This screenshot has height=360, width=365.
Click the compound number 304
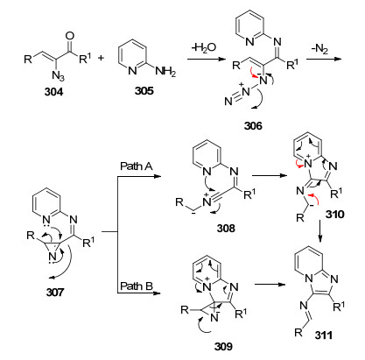point(53,92)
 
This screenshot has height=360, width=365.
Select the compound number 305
point(144,90)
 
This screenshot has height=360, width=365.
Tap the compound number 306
point(253,125)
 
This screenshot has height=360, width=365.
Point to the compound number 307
point(55,292)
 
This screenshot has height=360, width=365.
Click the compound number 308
point(226,228)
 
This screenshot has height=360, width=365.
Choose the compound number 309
point(223,346)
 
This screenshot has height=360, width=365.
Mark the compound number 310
point(335,215)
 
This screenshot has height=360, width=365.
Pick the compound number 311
point(324,335)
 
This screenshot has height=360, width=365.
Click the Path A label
point(137,166)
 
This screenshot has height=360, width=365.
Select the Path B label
point(137,286)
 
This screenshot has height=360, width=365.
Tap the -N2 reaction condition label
point(319,49)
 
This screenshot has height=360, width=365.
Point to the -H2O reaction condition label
point(204,47)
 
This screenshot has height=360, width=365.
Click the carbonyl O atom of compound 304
point(70,36)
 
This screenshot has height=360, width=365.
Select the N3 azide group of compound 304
point(59,75)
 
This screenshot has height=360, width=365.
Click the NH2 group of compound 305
point(165,71)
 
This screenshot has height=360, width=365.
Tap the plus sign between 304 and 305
point(101,58)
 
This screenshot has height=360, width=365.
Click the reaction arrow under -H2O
point(207,60)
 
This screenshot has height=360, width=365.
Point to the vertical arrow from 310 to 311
point(320,231)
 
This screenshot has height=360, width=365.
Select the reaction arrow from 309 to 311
point(270,284)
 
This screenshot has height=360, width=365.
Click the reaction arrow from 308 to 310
point(270,175)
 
